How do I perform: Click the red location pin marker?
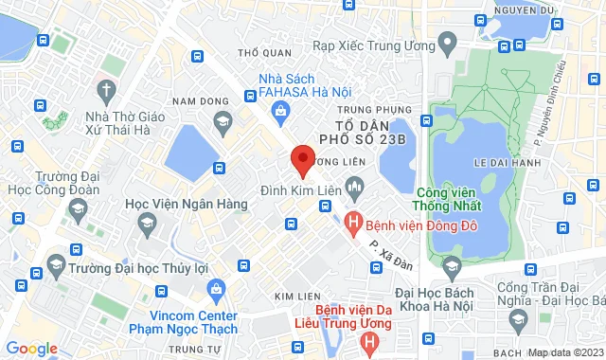302,160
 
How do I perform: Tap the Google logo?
31,349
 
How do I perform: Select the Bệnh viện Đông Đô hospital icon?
353,225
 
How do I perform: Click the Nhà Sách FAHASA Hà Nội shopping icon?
281,112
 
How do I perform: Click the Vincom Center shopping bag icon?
216,287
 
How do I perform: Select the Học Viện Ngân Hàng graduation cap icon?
146,225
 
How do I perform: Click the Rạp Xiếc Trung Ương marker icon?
448,43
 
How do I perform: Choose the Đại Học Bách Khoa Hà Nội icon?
452,262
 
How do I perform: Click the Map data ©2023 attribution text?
564,352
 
